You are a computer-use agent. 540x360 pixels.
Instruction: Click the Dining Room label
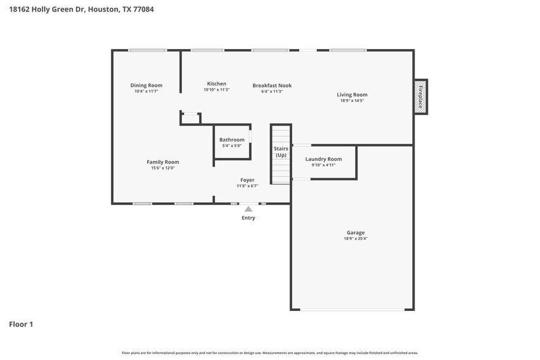146,85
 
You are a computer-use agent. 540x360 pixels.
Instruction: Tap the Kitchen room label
216,84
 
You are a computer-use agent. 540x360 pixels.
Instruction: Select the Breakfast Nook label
272,86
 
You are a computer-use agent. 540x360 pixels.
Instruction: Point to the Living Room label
352,94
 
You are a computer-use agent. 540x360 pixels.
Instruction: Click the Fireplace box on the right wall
421,97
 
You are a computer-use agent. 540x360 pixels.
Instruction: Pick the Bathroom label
232,140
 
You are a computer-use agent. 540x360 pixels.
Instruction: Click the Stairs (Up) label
281,152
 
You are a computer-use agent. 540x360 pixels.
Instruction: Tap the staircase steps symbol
281,171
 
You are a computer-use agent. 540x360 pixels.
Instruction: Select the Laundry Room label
323,159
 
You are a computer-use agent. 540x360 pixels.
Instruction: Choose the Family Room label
163,162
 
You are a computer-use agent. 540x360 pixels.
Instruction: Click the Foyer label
247,180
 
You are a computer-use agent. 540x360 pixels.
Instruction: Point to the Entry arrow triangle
249,209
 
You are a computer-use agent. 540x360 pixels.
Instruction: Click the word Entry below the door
249,218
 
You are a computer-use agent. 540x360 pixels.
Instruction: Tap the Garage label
356,233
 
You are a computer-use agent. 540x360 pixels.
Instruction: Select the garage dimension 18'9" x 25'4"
356,239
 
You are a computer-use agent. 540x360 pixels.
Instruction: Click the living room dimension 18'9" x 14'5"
352,100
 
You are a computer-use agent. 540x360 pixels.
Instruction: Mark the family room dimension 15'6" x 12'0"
163,168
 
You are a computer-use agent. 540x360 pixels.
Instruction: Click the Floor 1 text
21,324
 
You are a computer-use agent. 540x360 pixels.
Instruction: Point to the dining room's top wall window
147,50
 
